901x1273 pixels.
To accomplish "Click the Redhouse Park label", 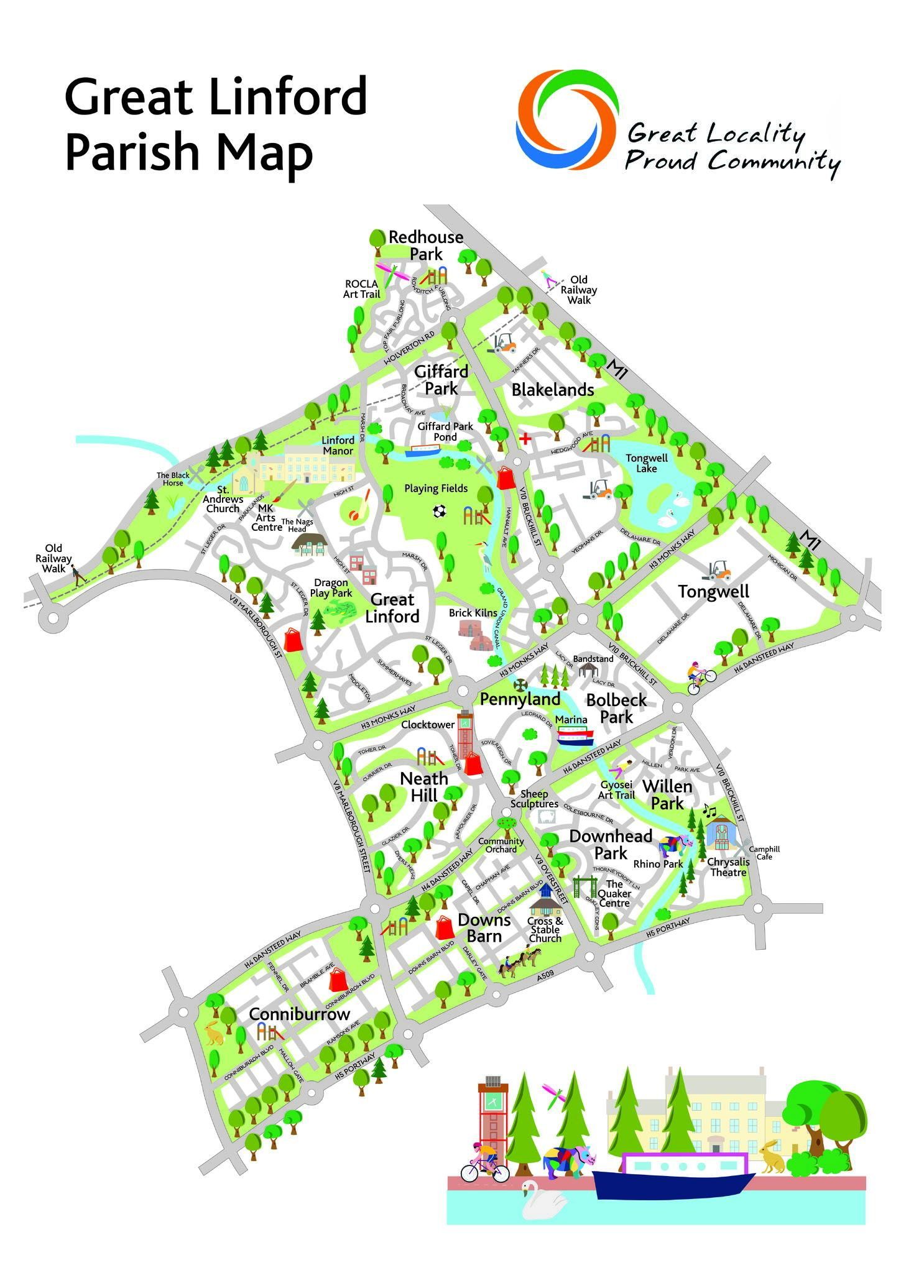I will click(x=426, y=246).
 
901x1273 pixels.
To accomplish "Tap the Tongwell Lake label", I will click(x=647, y=463).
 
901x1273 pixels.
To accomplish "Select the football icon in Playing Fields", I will click(x=440, y=511).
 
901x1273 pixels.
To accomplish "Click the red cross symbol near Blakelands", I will click(x=525, y=439).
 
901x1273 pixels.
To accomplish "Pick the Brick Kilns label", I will click(x=473, y=613).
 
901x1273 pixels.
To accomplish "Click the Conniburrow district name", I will click(x=299, y=1014).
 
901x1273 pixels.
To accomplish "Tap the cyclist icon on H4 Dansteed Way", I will click(x=701, y=678).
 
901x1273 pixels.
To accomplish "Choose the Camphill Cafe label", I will click(x=764, y=852).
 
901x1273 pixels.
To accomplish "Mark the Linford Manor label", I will click(x=338, y=446).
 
